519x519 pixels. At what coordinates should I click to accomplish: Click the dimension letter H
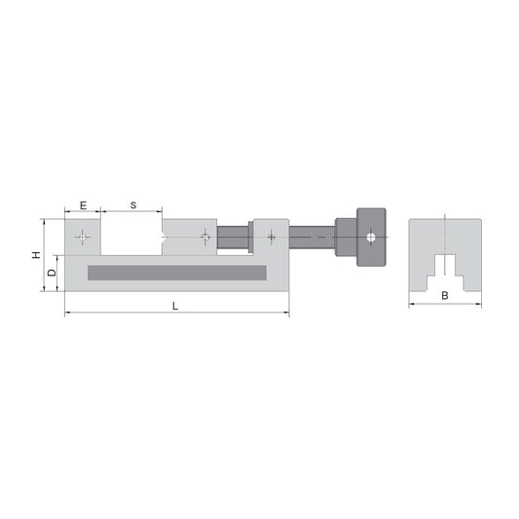click(36, 255)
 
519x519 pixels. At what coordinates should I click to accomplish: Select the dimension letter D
click(52, 274)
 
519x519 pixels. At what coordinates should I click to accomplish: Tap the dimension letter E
click(83, 205)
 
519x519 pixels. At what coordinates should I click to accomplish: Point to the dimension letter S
click(132, 205)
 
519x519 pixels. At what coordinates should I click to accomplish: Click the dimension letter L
click(174, 306)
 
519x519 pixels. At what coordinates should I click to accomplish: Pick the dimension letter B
click(444, 295)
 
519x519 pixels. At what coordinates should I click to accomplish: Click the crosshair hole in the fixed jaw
click(84, 237)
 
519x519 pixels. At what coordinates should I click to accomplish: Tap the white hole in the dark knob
click(371, 237)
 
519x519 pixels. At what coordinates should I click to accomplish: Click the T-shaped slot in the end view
click(445, 268)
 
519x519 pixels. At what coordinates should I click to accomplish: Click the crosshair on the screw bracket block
click(271, 237)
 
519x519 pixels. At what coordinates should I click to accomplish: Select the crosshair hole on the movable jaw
click(204, 237)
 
